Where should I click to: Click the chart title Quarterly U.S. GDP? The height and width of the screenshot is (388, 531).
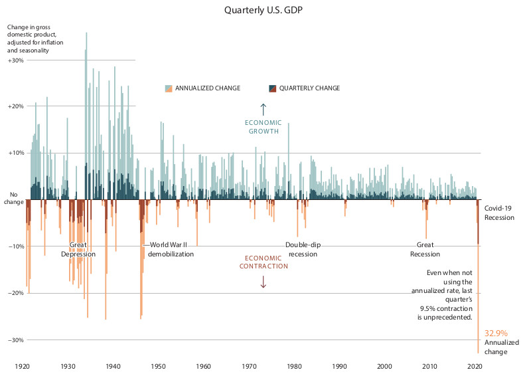coord(265,10)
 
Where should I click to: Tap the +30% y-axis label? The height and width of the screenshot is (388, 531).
coord(16,60)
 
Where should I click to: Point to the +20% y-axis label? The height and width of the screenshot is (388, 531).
coord(16,106)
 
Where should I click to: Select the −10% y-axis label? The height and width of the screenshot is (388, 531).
coord(16,246)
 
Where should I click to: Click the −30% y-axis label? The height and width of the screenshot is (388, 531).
coord(16,339)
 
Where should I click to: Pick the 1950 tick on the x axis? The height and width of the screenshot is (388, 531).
coord(159,366)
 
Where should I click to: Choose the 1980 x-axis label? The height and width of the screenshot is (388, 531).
coord(294,366)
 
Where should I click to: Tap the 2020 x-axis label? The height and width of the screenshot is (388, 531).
coord(475,366)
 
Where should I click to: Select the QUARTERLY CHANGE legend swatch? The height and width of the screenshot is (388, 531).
coord(272,88)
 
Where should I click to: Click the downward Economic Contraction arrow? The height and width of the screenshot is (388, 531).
coord(263,281)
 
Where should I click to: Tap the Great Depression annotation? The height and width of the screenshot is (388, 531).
coord(78,249)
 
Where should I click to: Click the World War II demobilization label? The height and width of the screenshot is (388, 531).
coord(171,249)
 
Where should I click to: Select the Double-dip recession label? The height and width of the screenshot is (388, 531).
coord(303,249)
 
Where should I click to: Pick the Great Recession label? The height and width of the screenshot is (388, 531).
coord(425,249)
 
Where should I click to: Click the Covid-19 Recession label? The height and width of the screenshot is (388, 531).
coord(498,213)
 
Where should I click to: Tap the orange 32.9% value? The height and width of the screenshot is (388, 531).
coord(496,333)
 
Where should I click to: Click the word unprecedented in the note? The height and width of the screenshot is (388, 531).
coord(449,318)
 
